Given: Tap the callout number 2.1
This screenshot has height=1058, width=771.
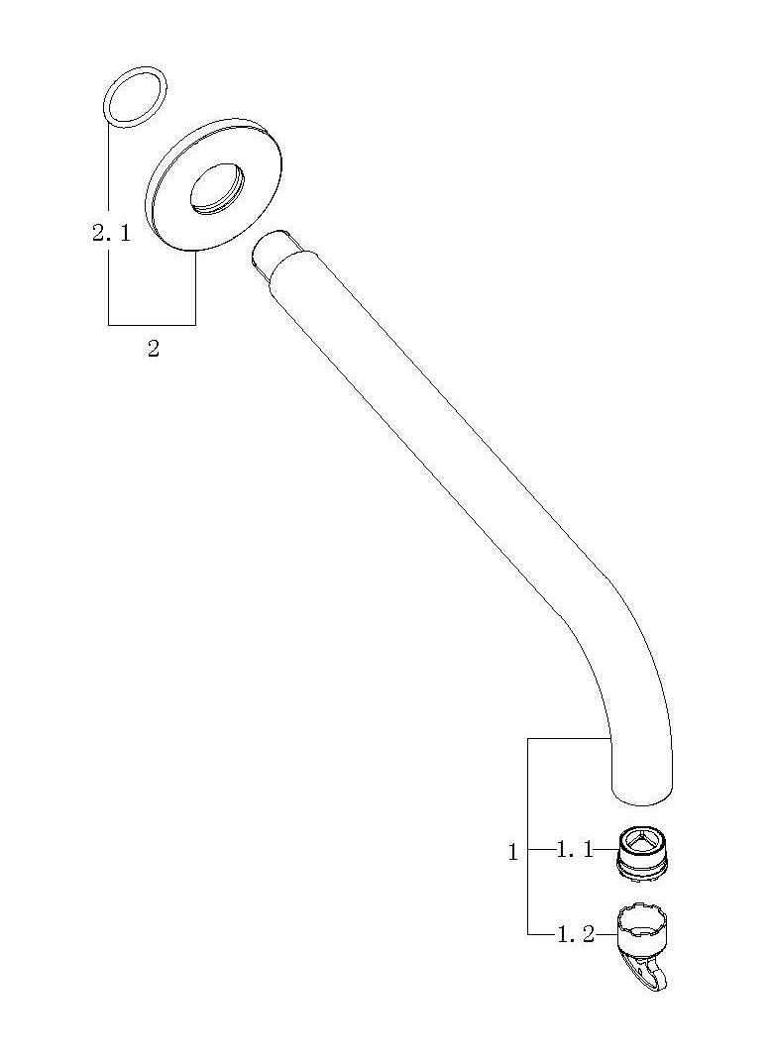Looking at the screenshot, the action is pos(111,234).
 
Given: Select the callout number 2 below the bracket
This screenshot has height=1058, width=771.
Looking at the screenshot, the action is pos(154,349).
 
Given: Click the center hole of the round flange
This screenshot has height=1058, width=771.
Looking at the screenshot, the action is pos(217,188).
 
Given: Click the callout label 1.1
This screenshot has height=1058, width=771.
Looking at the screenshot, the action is pos(574,850).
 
